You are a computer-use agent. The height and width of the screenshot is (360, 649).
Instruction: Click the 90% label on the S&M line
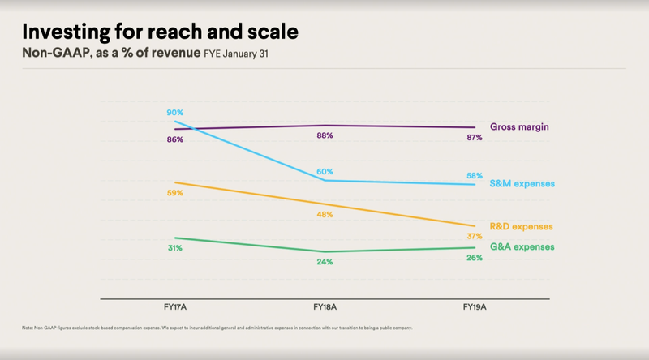[x=175, y=112]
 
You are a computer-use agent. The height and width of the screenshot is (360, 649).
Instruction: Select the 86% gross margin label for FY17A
[x=175, y=139]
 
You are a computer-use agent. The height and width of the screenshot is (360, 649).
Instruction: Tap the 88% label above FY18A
[x=324, y=135]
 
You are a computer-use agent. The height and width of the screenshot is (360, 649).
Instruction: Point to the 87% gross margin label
[x=474, y=138]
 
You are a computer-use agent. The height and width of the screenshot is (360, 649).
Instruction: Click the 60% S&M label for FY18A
[x=324, y=171]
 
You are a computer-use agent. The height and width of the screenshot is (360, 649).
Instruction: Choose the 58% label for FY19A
[x=475, y=175]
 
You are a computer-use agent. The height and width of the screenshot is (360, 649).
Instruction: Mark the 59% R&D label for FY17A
[x=175, y=194]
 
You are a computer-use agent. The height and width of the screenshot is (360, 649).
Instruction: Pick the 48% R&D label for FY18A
[x=324, y=215]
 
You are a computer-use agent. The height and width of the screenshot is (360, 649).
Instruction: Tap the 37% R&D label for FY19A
[x=475, y=235]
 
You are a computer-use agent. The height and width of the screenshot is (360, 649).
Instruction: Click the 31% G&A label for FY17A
[x=175, y=248]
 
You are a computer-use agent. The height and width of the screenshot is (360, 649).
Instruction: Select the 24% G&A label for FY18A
[x=324, y=262]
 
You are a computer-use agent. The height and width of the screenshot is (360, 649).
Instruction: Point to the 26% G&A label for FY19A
[x=475, y=258]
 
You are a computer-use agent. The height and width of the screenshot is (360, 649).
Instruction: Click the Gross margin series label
[x=519, y=127]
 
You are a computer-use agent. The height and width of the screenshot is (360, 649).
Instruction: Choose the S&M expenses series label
[x=522, y=184]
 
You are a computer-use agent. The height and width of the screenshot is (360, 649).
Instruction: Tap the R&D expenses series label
[x=522, y=226]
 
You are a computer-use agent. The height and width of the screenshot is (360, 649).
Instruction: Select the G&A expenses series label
[x=522, y=246]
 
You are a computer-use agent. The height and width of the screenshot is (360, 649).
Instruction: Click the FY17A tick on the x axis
[x=175, y=307]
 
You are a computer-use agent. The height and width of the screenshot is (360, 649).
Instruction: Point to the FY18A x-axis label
[x=324, y=307]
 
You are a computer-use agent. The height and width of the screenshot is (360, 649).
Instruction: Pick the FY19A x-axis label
[x=475, y=307]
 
